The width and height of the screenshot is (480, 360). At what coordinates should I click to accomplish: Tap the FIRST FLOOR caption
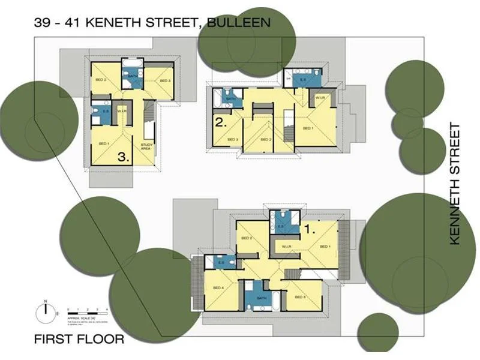(x=79, y=340)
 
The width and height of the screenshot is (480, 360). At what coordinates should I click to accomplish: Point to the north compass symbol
(x=45, y=311)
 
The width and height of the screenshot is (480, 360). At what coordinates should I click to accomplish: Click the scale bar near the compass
(x=87, y=308)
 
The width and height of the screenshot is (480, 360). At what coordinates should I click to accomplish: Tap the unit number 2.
(x=220, y=124)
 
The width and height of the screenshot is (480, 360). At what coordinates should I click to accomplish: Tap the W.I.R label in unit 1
(x=286, y=246)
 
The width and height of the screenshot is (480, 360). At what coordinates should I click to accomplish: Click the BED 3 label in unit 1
(x=300, y=298)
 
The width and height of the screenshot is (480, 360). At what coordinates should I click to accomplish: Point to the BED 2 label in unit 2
(x=266, y=140)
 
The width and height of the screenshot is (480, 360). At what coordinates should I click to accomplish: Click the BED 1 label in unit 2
(x=308, y=128)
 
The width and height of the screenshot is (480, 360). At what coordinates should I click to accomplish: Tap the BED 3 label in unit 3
(x=165, y=80)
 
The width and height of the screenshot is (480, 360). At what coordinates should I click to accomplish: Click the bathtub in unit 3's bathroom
(x=133, y=64)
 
